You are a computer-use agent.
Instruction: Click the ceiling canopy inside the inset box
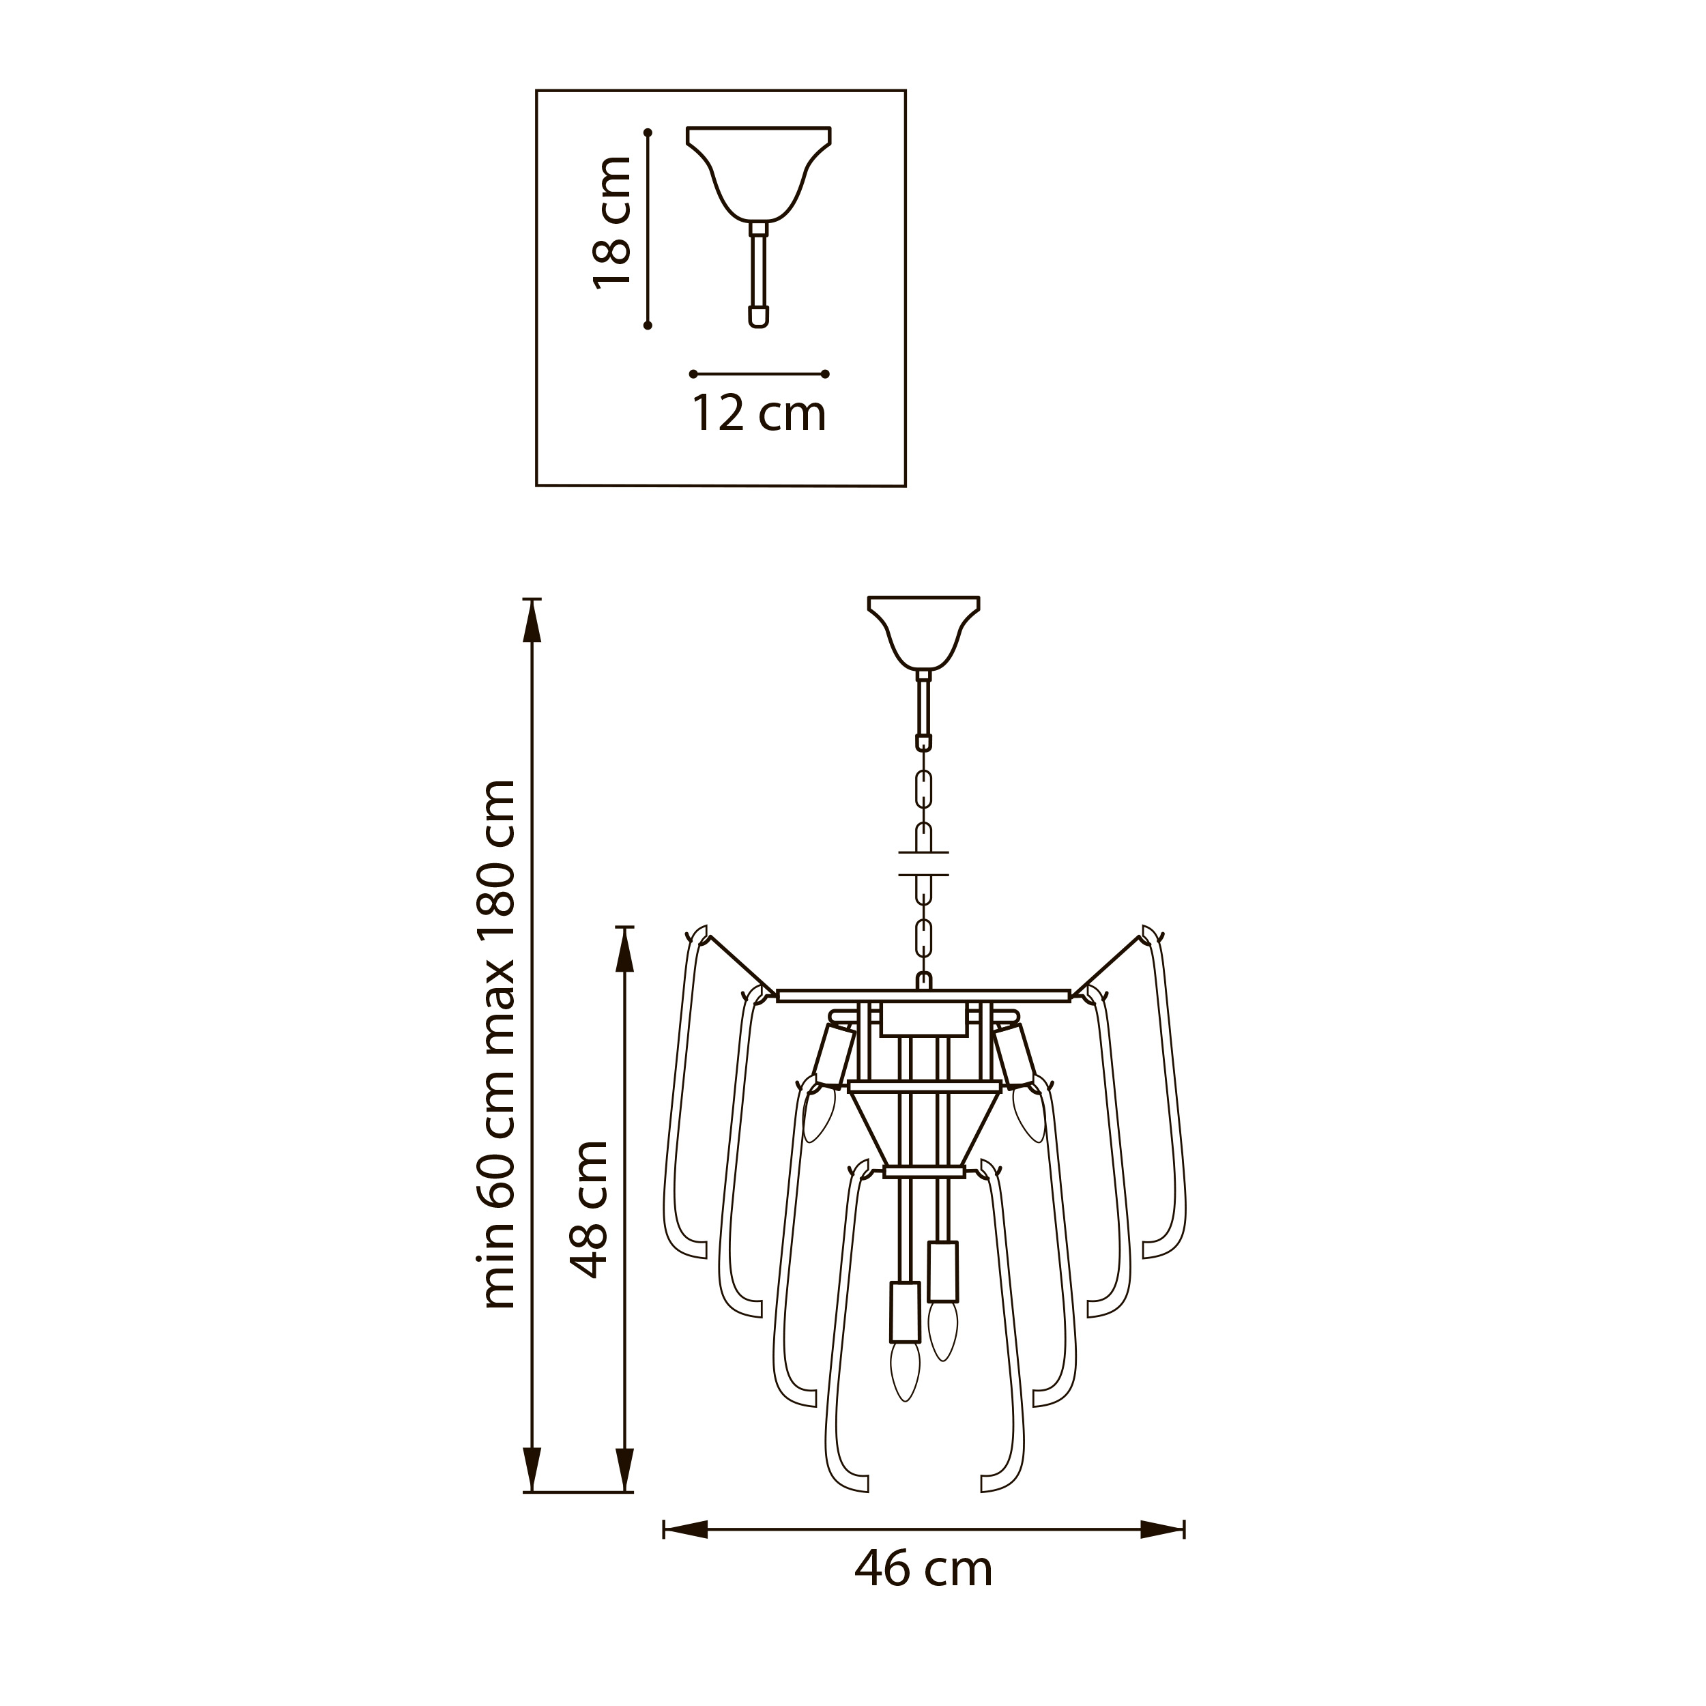[759, 174]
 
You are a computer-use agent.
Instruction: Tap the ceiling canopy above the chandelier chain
[924, 633]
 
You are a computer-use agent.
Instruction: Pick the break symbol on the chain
[924, 864]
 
